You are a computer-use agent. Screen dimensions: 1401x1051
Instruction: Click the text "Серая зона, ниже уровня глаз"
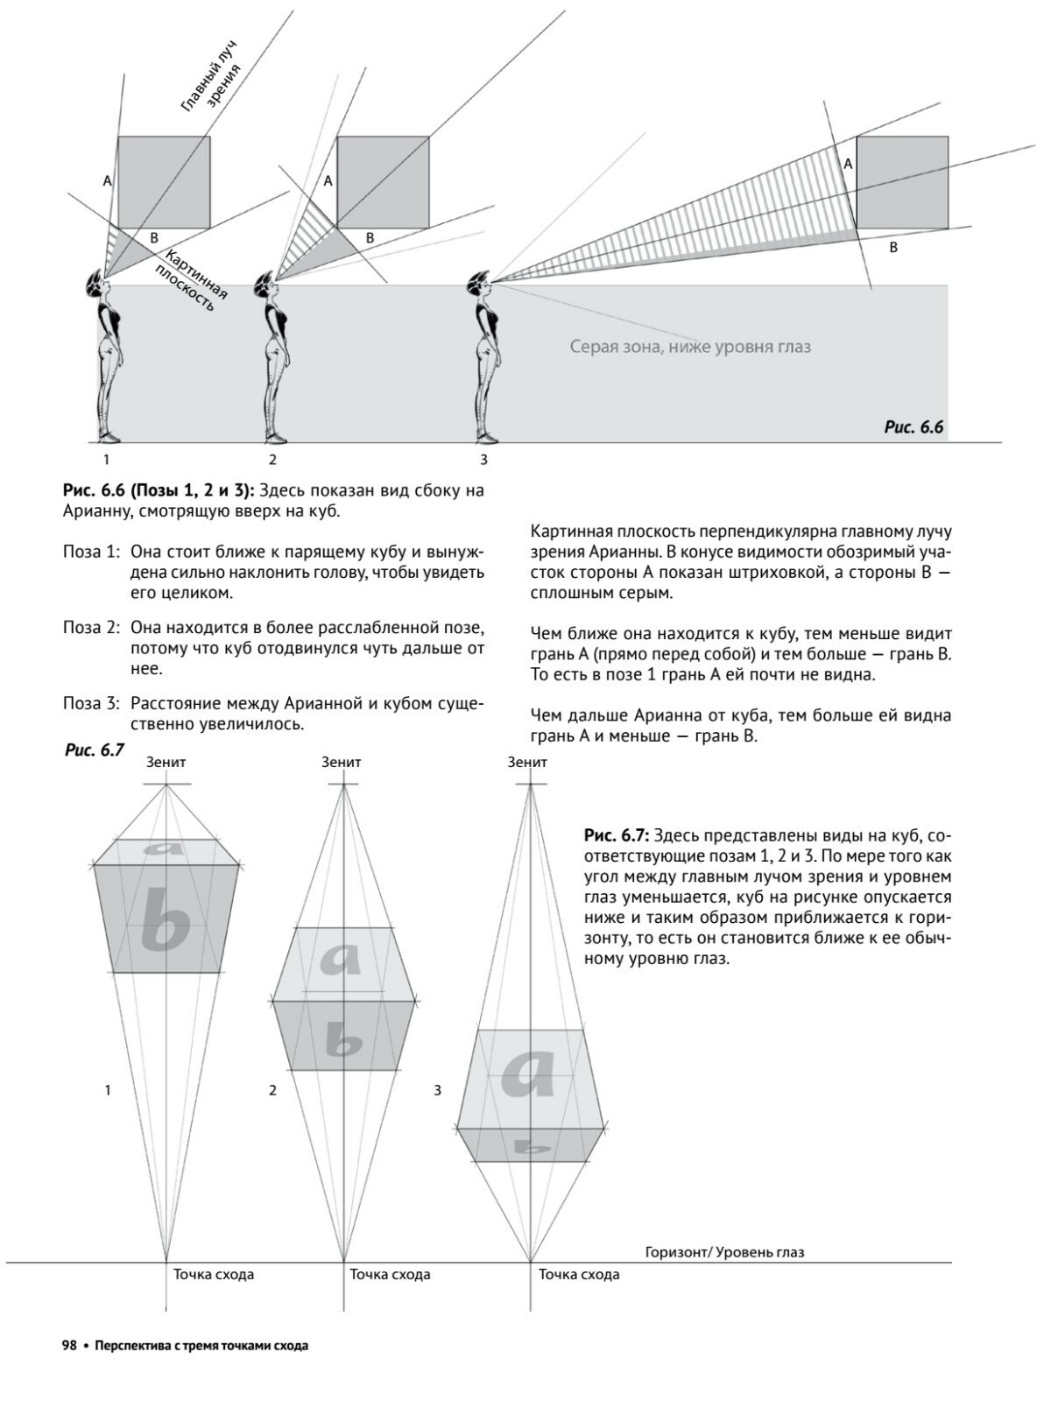690,347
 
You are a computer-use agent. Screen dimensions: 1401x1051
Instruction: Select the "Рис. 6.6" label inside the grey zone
913,427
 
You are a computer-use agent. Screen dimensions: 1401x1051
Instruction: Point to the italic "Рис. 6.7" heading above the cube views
95,750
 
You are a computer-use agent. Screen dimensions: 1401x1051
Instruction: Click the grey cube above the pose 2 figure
383,181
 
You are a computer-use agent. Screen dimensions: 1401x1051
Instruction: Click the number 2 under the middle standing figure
272,459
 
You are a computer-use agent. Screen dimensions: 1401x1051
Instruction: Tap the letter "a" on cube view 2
341,960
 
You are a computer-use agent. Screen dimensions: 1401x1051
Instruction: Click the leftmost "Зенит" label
166,763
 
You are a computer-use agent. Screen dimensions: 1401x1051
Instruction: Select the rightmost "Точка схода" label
579,1274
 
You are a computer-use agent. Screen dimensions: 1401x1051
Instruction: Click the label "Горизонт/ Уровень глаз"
724,1252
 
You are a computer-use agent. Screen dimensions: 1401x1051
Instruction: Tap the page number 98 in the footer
69,1346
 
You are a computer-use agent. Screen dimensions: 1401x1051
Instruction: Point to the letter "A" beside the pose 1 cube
107,181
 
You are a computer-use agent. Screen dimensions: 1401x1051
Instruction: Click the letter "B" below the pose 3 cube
893,248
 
